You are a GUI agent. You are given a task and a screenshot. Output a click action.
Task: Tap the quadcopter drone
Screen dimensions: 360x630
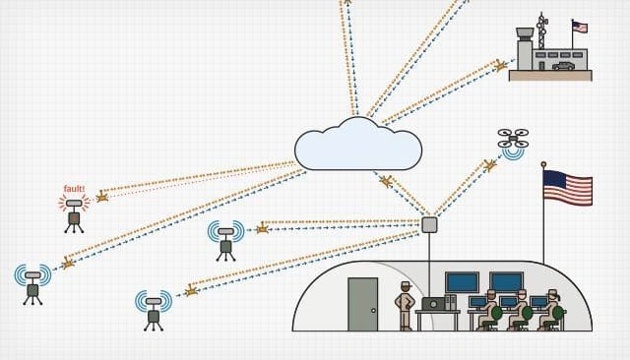[x=513, y=138]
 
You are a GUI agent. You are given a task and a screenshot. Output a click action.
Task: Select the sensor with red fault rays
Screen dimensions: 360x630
[x=73, y=209]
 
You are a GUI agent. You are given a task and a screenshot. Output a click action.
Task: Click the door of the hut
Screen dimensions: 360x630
[x=362, y=304]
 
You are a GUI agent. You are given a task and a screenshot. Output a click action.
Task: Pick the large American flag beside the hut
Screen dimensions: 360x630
[x=568, y=188]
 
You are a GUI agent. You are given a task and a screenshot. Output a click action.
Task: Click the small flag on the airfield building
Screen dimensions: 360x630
[x=579, y=28]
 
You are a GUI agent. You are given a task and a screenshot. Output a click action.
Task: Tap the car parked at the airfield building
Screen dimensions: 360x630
[x=563, y=65]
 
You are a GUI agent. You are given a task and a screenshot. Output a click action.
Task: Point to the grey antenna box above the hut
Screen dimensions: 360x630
[x=429, y=224]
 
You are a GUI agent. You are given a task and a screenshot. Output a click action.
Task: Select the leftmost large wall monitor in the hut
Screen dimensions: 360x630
[x=462, y=282]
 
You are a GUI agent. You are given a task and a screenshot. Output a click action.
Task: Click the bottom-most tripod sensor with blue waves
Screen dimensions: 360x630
[x=154, y=307]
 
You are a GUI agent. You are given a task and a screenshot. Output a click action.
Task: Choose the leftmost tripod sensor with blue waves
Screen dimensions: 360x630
[x=32, y=281]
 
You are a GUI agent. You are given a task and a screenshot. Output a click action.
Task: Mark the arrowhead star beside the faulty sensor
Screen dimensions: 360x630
[x=101, y=197]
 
